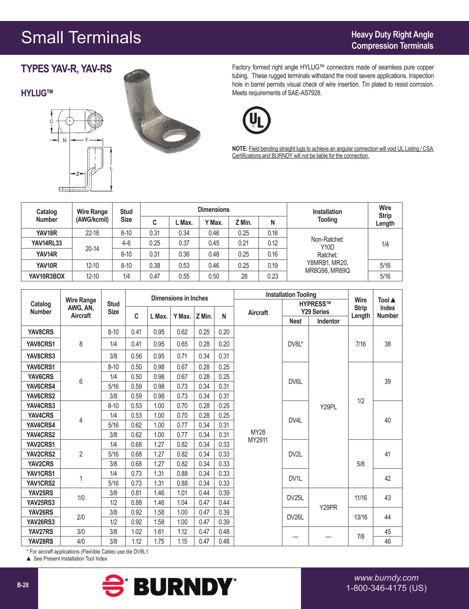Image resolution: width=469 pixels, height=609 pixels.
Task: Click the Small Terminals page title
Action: [81, 38]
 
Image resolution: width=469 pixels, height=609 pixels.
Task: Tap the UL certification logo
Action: [256, 120]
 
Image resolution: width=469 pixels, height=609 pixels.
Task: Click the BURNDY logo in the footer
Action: [169, 586]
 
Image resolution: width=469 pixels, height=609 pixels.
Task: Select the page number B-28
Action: [23, 585]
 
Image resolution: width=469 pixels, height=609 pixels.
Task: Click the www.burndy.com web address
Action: [386, 578]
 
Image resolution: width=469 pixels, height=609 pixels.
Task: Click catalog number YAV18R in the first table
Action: [46, 233]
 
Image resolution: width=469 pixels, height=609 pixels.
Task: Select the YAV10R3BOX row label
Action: [46, 276]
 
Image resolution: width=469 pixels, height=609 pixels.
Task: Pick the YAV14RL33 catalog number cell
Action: [46, 243]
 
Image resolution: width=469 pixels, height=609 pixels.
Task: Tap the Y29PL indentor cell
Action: [328, 407]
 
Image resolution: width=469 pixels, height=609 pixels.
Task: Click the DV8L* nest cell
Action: [295, 344]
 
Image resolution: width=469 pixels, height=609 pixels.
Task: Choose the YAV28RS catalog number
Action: [40, 541]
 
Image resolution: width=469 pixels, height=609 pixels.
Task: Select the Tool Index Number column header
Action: [387, 308]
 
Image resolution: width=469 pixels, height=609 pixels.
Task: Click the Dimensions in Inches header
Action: [179, 298]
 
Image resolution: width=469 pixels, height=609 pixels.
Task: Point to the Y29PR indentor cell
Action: [328, 507]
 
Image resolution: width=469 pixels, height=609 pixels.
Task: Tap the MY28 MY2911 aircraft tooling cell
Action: [258, 436]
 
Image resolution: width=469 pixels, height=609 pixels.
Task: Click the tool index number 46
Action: [387, 541]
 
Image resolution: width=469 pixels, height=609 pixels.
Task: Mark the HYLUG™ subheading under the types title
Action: [37, 93]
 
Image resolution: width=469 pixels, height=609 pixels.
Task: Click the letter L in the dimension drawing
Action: [111, 168]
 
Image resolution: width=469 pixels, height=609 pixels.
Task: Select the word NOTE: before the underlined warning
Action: [240, 149]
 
